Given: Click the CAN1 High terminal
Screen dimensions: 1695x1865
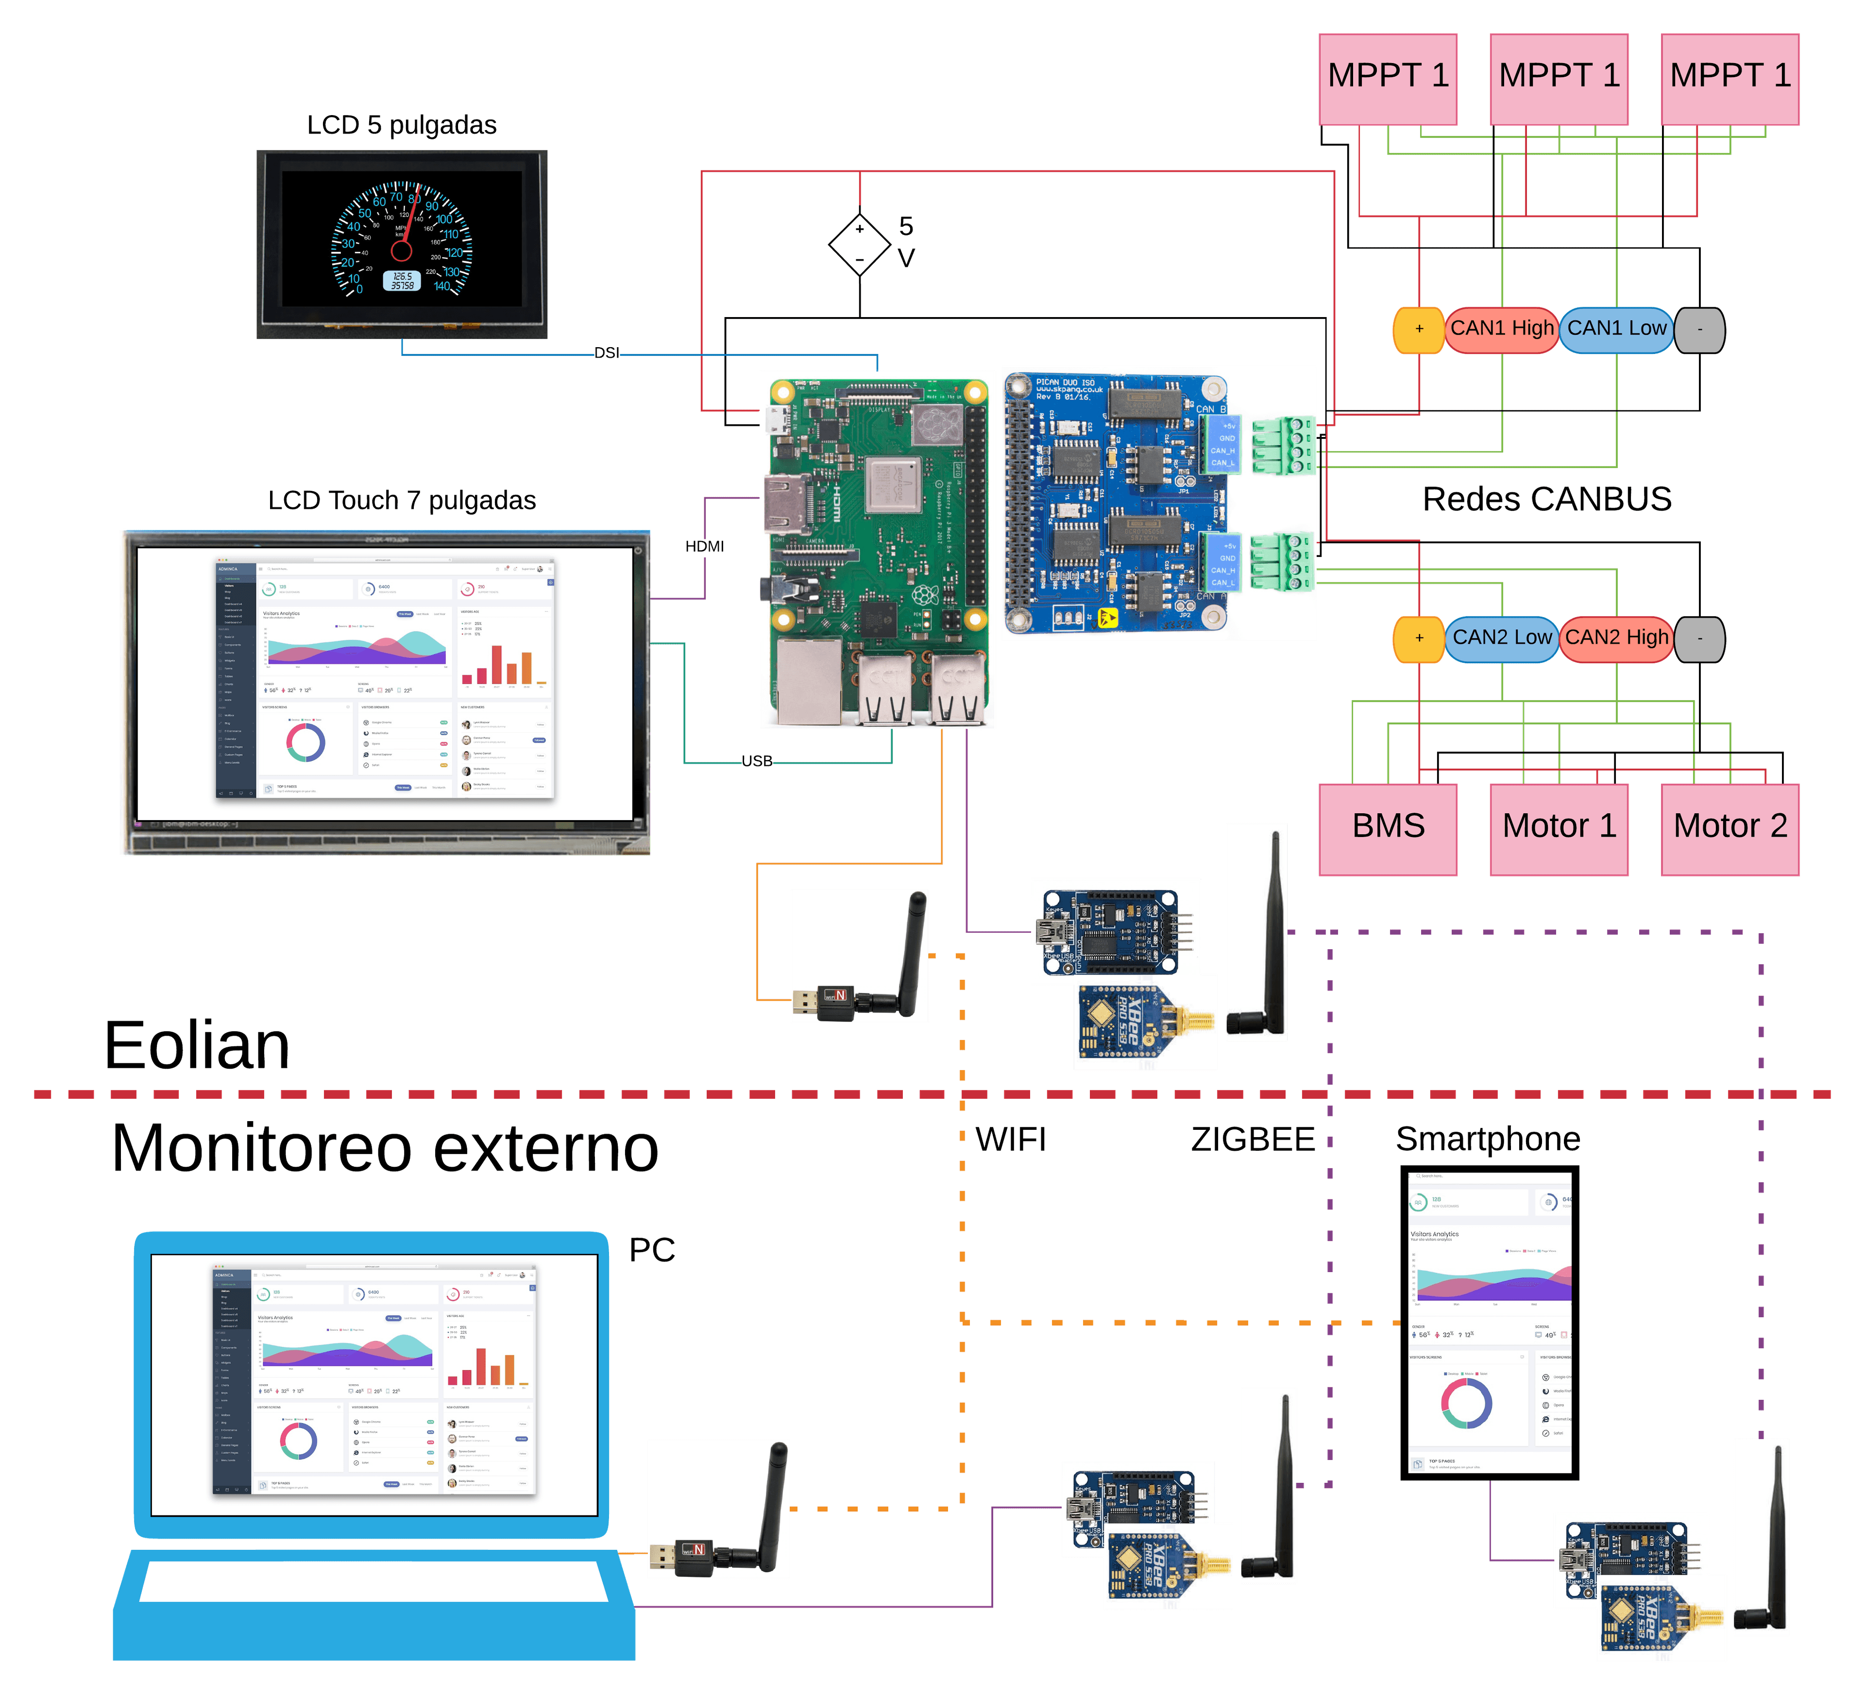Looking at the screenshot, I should click(1501, 329).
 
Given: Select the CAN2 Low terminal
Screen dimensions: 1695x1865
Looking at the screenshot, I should click(1501, 638).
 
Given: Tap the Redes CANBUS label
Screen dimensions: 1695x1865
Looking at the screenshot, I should click(1547, 499).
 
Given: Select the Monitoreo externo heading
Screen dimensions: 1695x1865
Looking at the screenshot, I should click(385, 1148).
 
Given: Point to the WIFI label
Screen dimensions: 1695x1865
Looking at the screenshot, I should click(1010, 1139).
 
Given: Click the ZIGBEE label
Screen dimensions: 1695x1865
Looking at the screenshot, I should click(1253, 1139).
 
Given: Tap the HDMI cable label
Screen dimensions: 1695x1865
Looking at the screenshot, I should click(704, 547).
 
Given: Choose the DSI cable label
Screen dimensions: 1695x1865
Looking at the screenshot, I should click(607, 353).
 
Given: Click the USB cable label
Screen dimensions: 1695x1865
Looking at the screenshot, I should click(757, 761).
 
